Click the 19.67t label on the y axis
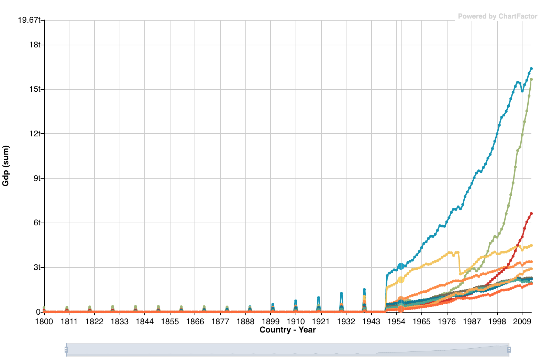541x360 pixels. [29, 20]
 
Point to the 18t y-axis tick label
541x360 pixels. [35, 45]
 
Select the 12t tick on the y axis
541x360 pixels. [35, 133]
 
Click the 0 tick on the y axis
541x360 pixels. [38, 312]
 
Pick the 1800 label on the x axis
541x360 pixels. [44, 322]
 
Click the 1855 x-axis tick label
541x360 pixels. [170, 322]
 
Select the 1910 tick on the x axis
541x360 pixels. [296, 322]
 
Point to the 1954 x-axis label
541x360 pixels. [396, 322]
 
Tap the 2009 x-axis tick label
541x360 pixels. [522, 322]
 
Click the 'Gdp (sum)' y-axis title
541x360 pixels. [6, 166]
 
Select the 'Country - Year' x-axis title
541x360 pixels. [287, 330]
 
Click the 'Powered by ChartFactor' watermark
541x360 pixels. [497, 16]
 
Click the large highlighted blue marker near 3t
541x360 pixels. [401, 266]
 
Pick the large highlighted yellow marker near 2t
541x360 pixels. [401, 280]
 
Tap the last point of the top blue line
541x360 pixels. [531, 69]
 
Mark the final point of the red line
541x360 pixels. [531, 214]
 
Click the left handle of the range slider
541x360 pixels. [66, 350]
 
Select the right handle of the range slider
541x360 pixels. [509, 350]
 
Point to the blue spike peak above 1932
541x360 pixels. [341, 294]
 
